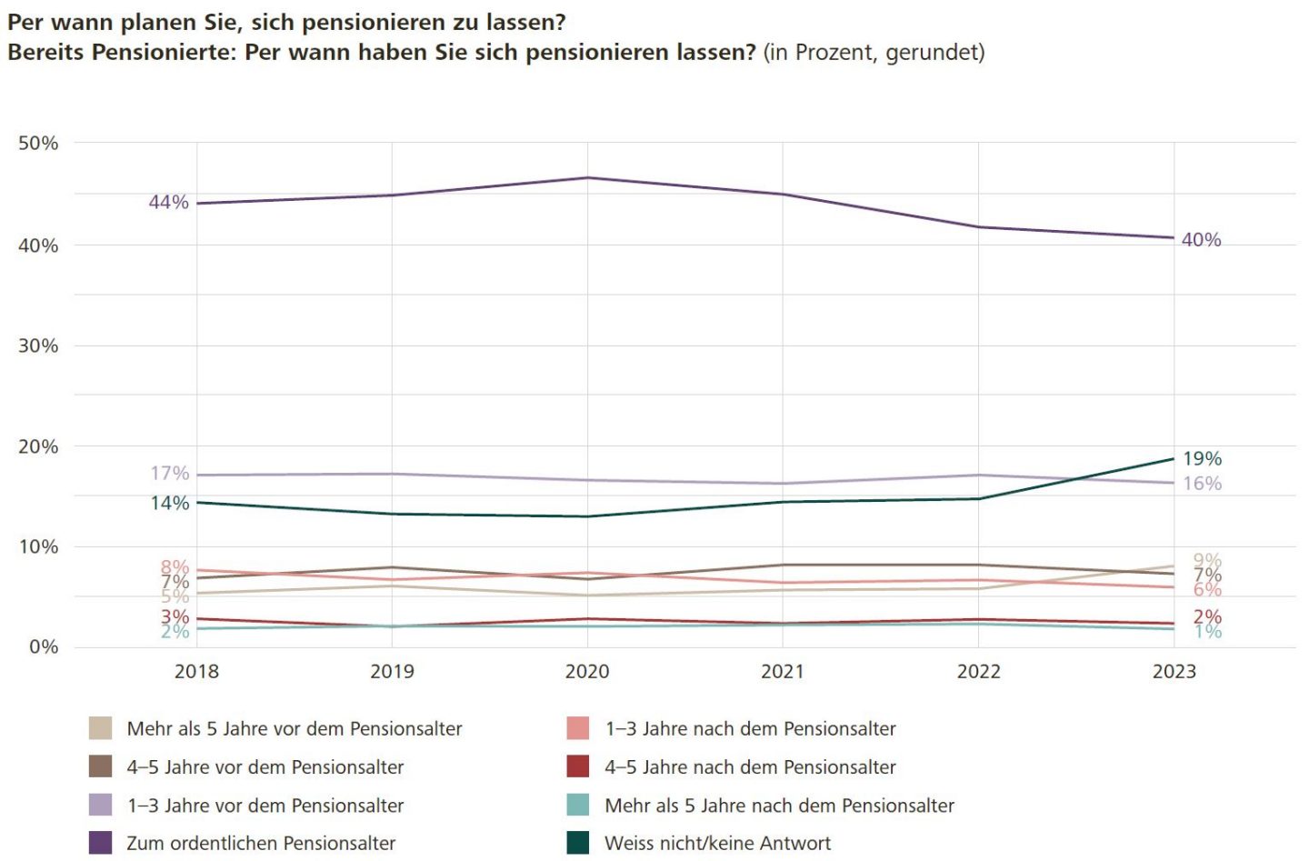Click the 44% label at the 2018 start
(168, 202)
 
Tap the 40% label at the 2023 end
(1201, 240)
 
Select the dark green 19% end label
(1202, 459)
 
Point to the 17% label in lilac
(170, 474)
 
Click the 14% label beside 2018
(170, 504)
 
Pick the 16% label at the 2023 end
(1202, 484)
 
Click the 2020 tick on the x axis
(587, 672)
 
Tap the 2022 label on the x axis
(978, 672)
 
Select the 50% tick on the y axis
(38, 144)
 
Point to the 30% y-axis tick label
(38, 346)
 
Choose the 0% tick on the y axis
(43, 647)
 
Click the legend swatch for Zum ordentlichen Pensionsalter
(100, 843)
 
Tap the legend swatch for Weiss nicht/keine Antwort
(577, 843)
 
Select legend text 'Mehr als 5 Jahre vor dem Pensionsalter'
(295, 729)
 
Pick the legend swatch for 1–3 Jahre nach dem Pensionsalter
(577, 728)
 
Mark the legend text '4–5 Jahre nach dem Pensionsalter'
(750, 767)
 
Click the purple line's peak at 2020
(587, 177)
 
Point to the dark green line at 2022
(978, 498)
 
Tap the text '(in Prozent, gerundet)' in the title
(874, 53)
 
